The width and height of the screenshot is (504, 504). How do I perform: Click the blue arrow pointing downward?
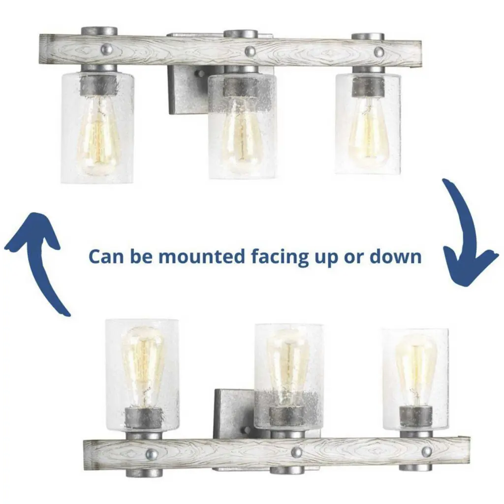pos(466,235)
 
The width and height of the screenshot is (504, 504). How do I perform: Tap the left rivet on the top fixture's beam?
pos(107,49)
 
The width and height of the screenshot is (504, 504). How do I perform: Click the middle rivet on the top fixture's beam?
pos(250,50)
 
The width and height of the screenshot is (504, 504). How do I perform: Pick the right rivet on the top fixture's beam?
pos(379,51)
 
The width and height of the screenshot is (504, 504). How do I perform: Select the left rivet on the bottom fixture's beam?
pos(152,454)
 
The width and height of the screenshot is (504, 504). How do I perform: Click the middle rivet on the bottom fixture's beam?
pos(297,453)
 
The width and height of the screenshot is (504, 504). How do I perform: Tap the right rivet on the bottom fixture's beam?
pos(427,452)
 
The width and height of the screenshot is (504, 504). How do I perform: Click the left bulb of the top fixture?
pos(98,134)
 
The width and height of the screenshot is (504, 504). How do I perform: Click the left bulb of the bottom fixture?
pos(142,366)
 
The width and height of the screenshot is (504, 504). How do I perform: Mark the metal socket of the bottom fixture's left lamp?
pos(143,418)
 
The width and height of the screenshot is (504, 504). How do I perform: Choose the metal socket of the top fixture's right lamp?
pos(368,86)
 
